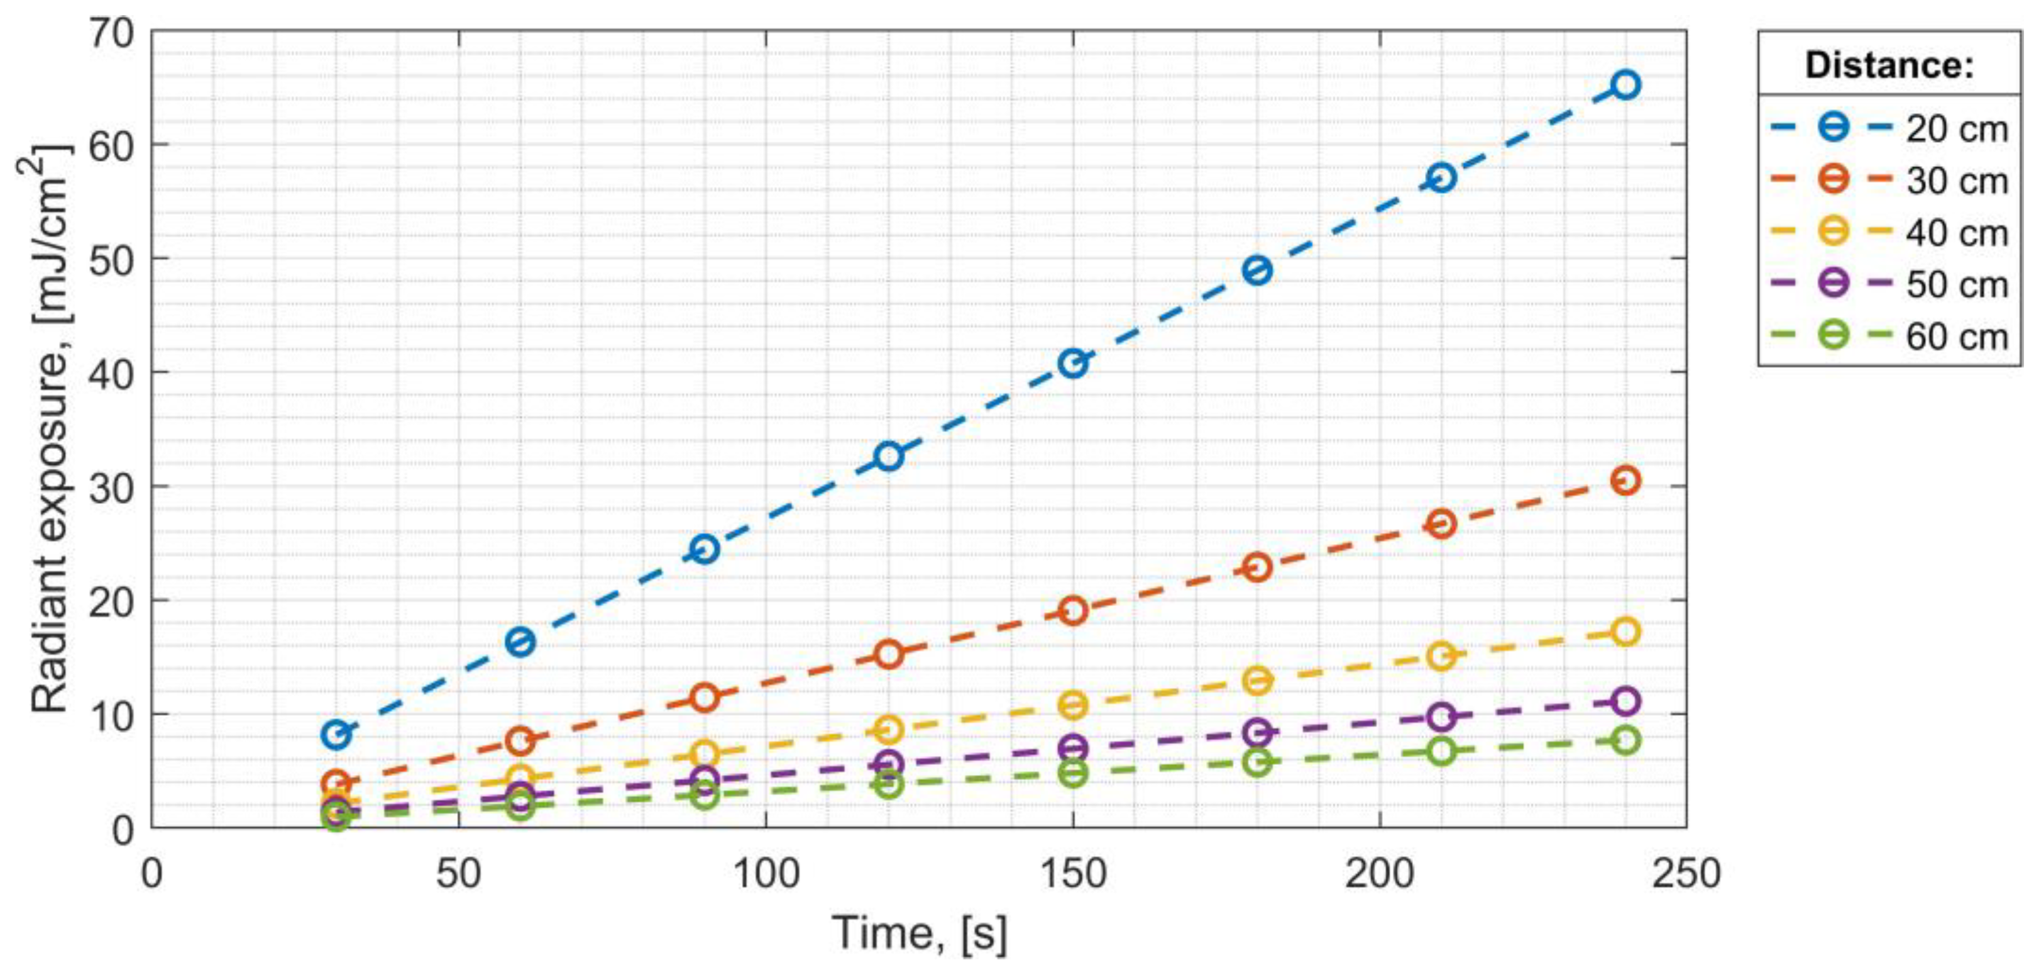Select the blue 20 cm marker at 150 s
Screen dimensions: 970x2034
pos(1073,364)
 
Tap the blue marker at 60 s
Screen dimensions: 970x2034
pos(520,642)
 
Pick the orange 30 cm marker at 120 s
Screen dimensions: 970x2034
pos(889,654)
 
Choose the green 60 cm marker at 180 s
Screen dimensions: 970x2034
pos(1257,762)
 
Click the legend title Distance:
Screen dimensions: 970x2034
pos(1889,65)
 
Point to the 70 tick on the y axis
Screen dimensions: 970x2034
pos(111,33)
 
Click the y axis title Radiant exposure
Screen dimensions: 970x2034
pos(49,430)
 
